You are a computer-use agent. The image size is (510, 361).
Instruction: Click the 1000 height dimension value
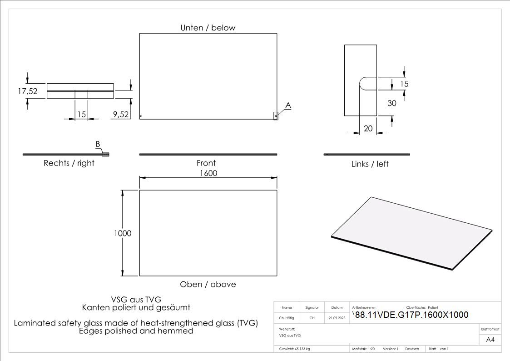pyautogui.click(x=123, y=233)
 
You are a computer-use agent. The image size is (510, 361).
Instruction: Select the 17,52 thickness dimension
pyautogui.click(x=28, y=91)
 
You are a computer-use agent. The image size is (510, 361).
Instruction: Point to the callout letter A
pyautogui.click(x=288, y=105)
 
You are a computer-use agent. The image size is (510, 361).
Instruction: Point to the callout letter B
pyautogui.click(x=98, y=144)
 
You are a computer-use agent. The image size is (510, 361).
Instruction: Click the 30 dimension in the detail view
pyautogui.click(x=391, y=103)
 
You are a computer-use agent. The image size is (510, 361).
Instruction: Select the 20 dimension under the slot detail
pyautogui.click(x=368, y=129)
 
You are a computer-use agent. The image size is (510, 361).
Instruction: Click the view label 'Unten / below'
pyautogui.click(x=208, y=28)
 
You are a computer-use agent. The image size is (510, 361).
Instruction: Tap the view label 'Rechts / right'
pyautogui.click(x=69, y=163)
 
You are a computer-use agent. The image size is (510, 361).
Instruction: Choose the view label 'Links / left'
pyautogui.click(x=370, y=164)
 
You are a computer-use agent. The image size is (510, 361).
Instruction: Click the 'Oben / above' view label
pyautogui.click(x=208, y=284)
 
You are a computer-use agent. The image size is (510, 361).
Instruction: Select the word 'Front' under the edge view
pyautogui.click(x=206, y=163)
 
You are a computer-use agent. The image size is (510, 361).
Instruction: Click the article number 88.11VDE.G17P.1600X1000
pyautogui.click(x=411, y=315)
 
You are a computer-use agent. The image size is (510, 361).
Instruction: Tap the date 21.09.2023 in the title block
pyautogui.click(x=337, y=318)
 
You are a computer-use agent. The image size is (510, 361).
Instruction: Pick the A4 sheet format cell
pyautogui.click(x=490, y=340)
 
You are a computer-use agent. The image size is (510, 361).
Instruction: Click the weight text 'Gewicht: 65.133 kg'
pyautogui.click(x=295, y=349)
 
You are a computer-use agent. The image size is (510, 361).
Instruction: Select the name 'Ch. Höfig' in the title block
pyautogui.click(x=287, y=318)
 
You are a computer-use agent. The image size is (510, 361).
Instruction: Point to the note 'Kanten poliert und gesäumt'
pyautogui.click(x=136, y=307)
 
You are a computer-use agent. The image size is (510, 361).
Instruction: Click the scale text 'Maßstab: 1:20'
pyautogui.click(x=363, y=349)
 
